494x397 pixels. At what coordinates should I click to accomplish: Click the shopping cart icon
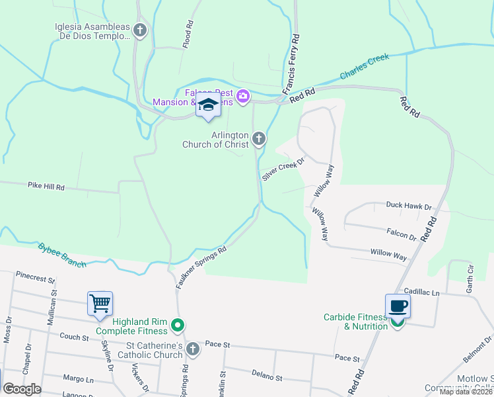pyautogui.click(x=100, y=304)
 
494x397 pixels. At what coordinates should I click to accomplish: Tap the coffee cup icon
pyautogui.click(x=398, y=306)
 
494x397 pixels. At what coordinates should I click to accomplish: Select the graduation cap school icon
pyautogui.click(x=209, y=106)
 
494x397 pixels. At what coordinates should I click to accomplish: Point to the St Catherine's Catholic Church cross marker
pyautogui.click(x=193, y=349)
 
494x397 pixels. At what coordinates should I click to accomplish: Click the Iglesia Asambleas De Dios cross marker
pyautogui.click(x=140, y=30)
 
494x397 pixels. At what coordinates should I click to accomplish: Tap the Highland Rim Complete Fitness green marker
pyautogui.click(x=178, y=325)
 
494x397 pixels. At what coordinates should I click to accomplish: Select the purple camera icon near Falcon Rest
pyautogui.click(x=243, y=97)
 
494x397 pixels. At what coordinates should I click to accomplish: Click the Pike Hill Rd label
pyautogui.click(x=46, y=187)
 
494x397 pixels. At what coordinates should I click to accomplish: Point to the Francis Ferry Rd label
pyautogui.click(x=291, y=64)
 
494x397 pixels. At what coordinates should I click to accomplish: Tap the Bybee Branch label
pyautogui.click(x=62, y=254)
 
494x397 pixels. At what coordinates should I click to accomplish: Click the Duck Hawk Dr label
pyautogui.click(x=408, y=205)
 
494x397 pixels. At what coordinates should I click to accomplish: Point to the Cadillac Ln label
pyautogui.click(x=421, y=291)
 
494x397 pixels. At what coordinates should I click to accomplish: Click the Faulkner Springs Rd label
pyautogui.click(x=201, y=267)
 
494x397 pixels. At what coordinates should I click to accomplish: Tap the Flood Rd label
pyautogui.click(x=190, y=33)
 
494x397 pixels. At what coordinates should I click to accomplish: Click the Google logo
pyautogui.click(x=22, y=389)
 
